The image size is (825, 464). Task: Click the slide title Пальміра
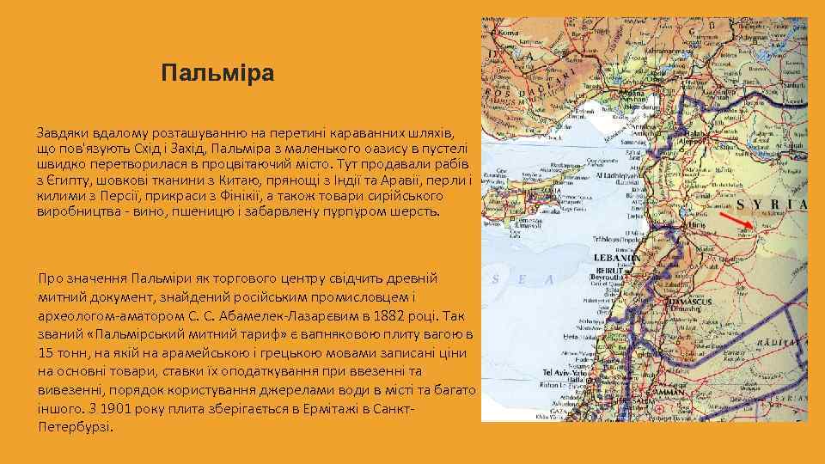pyautogui.click(x=217, y=73)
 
